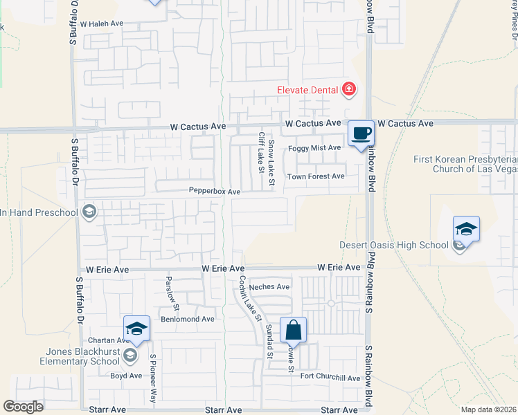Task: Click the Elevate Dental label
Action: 307,89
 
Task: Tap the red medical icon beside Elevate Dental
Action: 349,89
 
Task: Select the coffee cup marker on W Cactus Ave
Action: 360,133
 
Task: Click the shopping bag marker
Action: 294,330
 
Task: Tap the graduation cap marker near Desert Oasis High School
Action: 467,229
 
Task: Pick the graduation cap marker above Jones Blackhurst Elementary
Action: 137,329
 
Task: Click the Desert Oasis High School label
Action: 393,245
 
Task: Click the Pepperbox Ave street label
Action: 214,191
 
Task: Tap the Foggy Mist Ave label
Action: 316,147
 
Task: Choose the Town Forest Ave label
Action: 316,176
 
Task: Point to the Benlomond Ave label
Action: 188,319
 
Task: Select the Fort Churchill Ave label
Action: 330,378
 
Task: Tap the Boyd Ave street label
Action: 126,376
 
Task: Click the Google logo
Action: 23,407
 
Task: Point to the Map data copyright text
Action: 488,409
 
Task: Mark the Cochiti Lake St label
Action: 249,299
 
